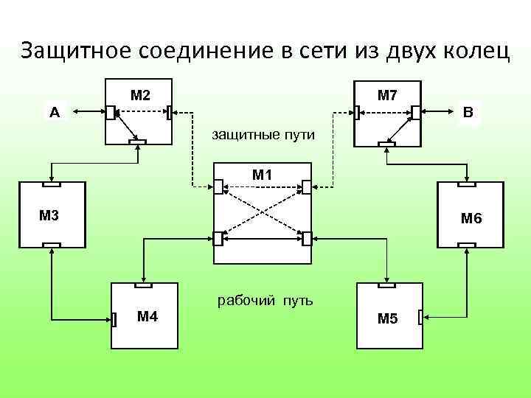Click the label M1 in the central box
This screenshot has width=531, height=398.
coord(262,175)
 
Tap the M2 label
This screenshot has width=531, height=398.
coord(140,95)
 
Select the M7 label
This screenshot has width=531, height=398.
coord(387,95)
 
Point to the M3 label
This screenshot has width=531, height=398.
coord(49,215)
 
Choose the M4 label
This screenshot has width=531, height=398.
coord(147,317)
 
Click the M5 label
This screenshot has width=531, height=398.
coord(387,318)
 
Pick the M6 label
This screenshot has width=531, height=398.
coord(471,218)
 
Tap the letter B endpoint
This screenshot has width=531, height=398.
coord(468,112)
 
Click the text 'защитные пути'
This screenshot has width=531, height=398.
coord(263,135)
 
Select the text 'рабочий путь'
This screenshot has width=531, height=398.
coord(264,300)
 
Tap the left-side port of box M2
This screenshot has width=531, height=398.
coord(109,112)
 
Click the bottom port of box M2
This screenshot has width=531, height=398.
coord(137,142)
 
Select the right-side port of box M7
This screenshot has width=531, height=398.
coord(416,112)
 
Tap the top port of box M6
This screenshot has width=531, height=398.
coord(465,184)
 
